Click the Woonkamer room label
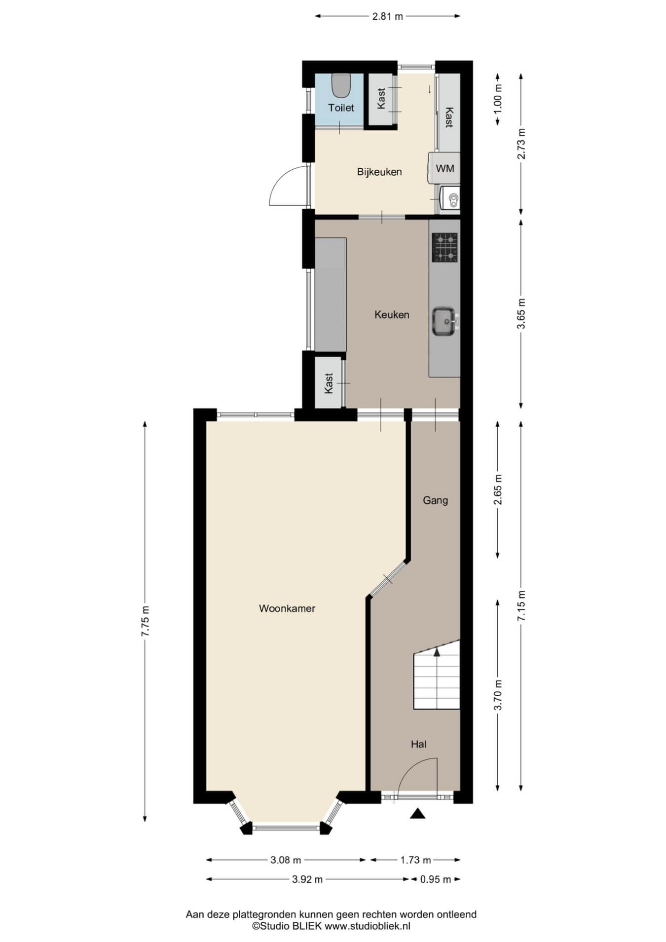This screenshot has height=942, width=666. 287,608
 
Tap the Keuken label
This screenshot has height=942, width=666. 392,314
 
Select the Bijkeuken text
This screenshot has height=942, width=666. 379,172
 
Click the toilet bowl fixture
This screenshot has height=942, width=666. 340,85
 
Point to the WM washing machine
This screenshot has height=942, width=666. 444,168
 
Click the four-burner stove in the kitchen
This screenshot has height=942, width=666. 444,247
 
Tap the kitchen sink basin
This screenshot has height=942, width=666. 444,321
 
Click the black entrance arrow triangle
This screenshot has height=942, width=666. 417,813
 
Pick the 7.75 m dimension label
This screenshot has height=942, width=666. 145,621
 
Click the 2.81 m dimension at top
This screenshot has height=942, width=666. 387,16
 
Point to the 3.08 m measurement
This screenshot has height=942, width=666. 286,860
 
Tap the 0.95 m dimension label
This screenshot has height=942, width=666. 436,879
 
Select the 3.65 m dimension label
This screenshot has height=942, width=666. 522,314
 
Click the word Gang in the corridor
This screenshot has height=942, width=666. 435,500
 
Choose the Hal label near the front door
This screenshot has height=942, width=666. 418,744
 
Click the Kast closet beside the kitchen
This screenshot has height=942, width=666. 330,383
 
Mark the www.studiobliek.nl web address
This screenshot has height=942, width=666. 367,926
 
